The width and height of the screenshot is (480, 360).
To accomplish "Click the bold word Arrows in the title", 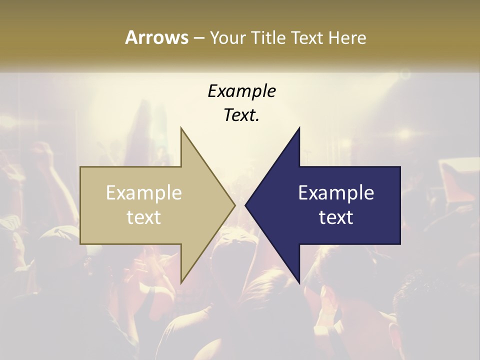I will (x=156, y=37).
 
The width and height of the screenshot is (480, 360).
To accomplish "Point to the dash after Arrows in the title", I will (x=198, y=38).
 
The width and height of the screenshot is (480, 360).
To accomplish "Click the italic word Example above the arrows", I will (x=242, y=91).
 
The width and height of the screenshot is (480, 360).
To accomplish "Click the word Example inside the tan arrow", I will (x=144, y=193).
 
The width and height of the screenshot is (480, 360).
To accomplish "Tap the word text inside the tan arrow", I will (x=144, y=217).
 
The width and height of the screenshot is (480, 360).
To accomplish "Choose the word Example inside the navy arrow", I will (x=336, y=193).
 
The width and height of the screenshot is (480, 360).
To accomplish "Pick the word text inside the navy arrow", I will (x=336, y=217).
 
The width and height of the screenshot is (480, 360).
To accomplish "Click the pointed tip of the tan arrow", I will (x=234, y=205).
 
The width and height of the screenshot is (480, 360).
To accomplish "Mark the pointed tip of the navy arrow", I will (x=245, y=205).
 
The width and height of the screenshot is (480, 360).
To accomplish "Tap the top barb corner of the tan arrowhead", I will (x=181, y=128).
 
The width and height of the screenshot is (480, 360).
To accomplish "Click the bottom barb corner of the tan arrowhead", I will (x=181, y=283).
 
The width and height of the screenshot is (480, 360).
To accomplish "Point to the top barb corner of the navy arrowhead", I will (x=299, y=128).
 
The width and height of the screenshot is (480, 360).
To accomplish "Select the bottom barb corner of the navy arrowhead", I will (x=299, y=283).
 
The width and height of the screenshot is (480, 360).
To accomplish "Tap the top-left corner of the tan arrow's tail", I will (x=81, y=167).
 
